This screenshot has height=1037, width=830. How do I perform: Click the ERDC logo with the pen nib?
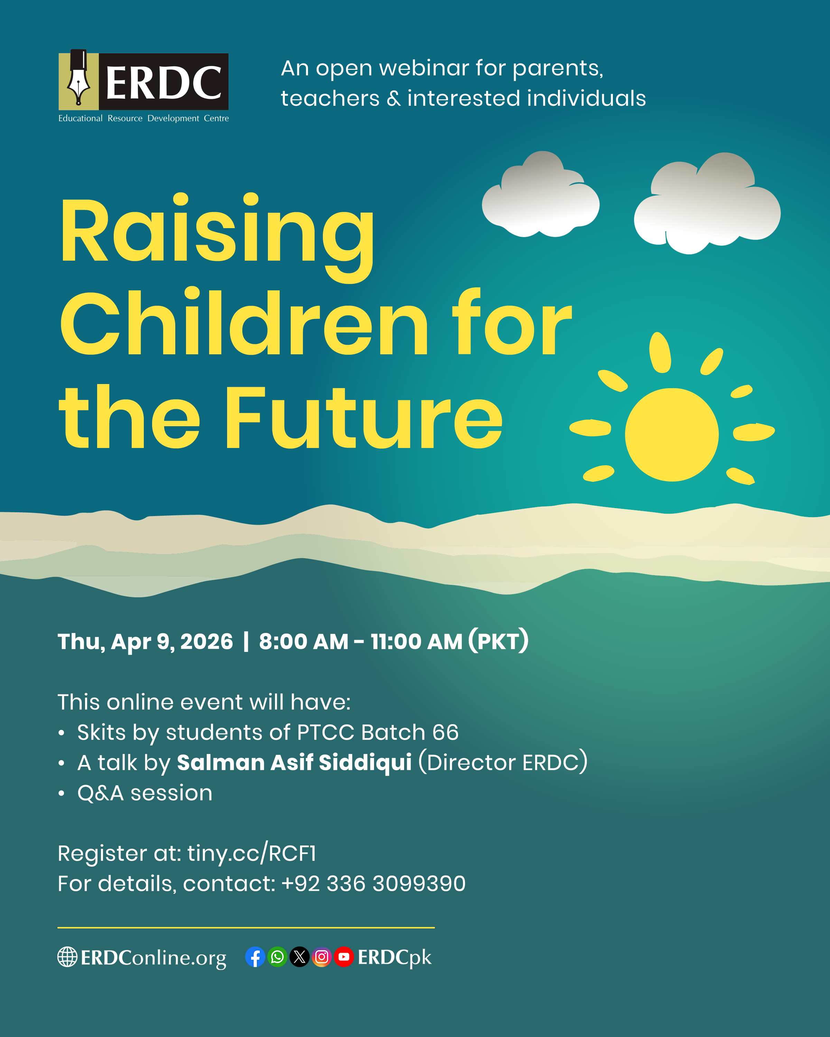point(143,86)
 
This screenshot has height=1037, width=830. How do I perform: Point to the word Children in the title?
point(243,322)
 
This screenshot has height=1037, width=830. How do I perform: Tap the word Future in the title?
point(364,417)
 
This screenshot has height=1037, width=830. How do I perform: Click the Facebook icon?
point(255,957)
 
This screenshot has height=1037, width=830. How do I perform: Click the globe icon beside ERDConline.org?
point(67,957)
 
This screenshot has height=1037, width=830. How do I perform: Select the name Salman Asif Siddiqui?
point(294,762)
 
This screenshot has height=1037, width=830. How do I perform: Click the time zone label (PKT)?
point(499,641)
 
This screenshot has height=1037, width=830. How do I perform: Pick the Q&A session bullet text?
point(145,793)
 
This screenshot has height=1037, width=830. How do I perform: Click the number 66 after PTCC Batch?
point(445,732)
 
